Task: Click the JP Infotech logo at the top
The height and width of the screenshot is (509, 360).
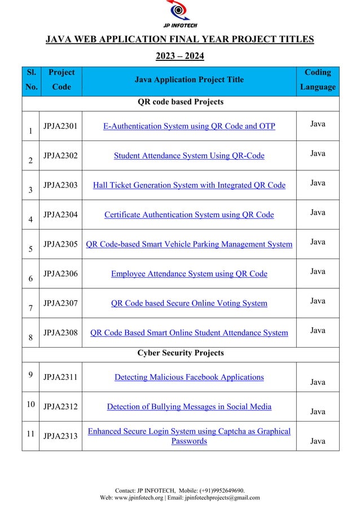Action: click(180, 14)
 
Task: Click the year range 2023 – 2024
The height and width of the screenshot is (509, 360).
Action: click(180, 56)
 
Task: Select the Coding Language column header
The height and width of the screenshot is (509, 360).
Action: click(318, 80)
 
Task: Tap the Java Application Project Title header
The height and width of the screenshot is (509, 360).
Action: click(189, 80)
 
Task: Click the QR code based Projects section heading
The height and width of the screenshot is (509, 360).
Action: click(181, 102)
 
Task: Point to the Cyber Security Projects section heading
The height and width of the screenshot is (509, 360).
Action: click(181, 353)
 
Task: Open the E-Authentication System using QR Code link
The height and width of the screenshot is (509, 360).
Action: click(189, 126)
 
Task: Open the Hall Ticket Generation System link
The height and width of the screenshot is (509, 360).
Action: click(189, 185)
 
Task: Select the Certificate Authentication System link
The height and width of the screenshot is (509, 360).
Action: click(189, 214)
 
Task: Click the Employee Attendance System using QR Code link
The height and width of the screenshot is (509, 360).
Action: click(189, 274)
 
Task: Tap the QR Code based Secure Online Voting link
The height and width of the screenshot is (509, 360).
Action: click(189, 303)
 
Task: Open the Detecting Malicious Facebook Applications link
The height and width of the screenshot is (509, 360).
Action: click(189, 377)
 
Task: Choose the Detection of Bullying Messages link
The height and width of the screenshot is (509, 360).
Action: click(189, 406)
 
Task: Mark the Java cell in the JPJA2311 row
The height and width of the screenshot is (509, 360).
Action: click(318, 382)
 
